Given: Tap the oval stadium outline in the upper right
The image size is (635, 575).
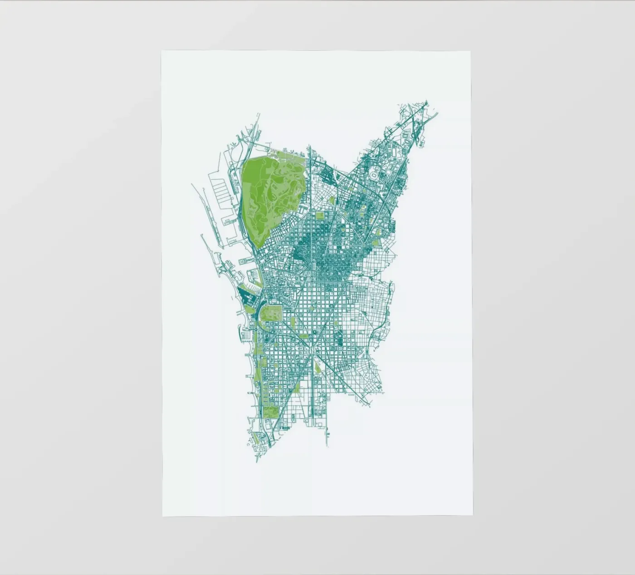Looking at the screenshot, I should coord(374,174).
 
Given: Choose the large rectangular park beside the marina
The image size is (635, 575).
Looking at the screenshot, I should coord(272,312).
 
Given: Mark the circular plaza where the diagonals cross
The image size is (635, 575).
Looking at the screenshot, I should coord(313,333).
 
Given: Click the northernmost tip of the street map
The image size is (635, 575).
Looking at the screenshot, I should coord(427,101).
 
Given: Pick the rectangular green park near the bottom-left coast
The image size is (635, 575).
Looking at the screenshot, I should coord(271,411).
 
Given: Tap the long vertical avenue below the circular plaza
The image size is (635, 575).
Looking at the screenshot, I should coord(313,385).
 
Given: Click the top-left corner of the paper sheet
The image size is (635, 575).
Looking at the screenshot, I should coord(162,51).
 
